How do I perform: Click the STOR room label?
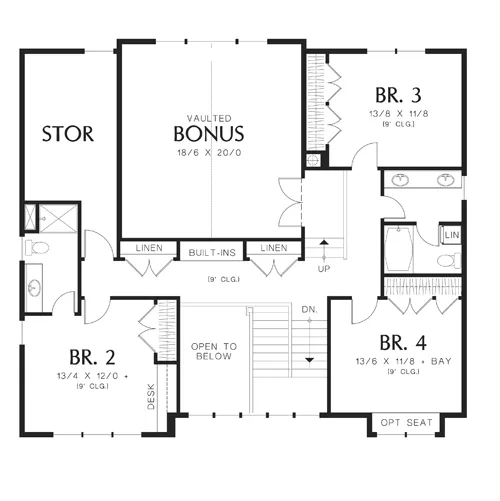[68, 134]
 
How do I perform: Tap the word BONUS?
[209, 133]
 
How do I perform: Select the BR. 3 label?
[398, 95]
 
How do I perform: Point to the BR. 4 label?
[403, 342]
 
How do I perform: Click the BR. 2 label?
[92, 357]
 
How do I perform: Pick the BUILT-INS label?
[212, 253]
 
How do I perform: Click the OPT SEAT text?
[406, 423]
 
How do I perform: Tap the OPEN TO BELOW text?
[214, 351]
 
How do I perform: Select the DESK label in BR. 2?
[151, 397]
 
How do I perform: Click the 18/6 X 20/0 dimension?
[209, 153]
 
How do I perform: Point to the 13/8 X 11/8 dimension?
[398, 114]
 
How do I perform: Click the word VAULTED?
[209, 118]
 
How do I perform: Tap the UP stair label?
[324, 269]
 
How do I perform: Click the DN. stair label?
[309, 310]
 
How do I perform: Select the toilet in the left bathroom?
[37, 247]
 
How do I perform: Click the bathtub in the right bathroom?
[399, 249]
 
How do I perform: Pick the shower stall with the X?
[58, 217]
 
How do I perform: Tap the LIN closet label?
[452, 235]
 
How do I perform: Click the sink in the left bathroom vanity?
[34, 288]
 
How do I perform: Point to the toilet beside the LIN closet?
[449, 260]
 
